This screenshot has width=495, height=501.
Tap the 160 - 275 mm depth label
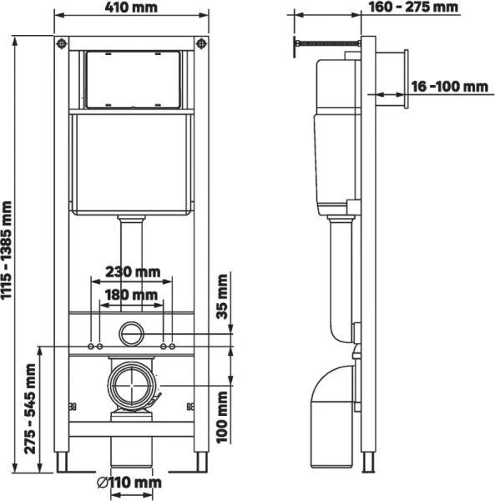[x=413, y=8]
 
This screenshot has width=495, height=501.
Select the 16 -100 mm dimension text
[x=448, y=87]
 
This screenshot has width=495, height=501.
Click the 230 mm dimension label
[x=133, y=271]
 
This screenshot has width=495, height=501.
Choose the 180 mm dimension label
[x=133, y=295]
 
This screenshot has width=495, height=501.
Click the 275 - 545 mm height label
[x=31, y=408]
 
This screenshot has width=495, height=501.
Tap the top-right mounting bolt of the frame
[x=201, y=43]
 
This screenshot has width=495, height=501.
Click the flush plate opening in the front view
[x=132, y=80]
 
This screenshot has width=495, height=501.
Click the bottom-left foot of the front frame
[x=61, y=463]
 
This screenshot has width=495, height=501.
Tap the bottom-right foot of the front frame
[x=201, y=463]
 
